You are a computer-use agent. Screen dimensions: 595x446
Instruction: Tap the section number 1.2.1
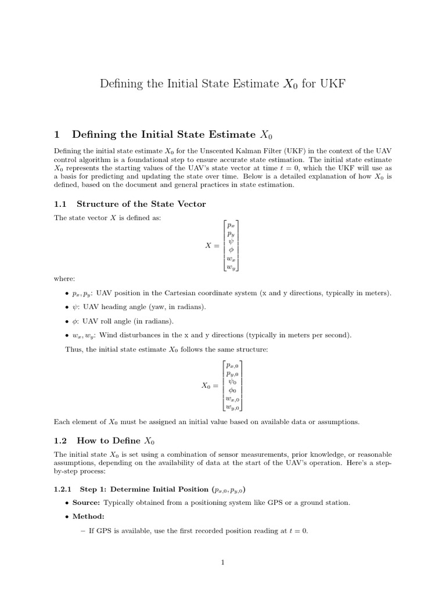tap(62, 489)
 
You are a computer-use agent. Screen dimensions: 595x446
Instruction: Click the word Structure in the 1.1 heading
tap(99, 203)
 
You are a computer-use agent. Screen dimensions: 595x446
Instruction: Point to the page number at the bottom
tap(222, 562)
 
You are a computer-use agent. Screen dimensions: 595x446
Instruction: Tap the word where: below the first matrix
tap(64, 279)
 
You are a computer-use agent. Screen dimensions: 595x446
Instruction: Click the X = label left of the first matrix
tap(212, 246)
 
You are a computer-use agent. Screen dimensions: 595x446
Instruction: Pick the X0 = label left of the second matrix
tap(210, 386)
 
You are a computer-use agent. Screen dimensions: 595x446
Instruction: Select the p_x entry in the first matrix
tap(231, 225)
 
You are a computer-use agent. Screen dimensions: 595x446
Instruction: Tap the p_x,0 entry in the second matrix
tap(232, 365)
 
